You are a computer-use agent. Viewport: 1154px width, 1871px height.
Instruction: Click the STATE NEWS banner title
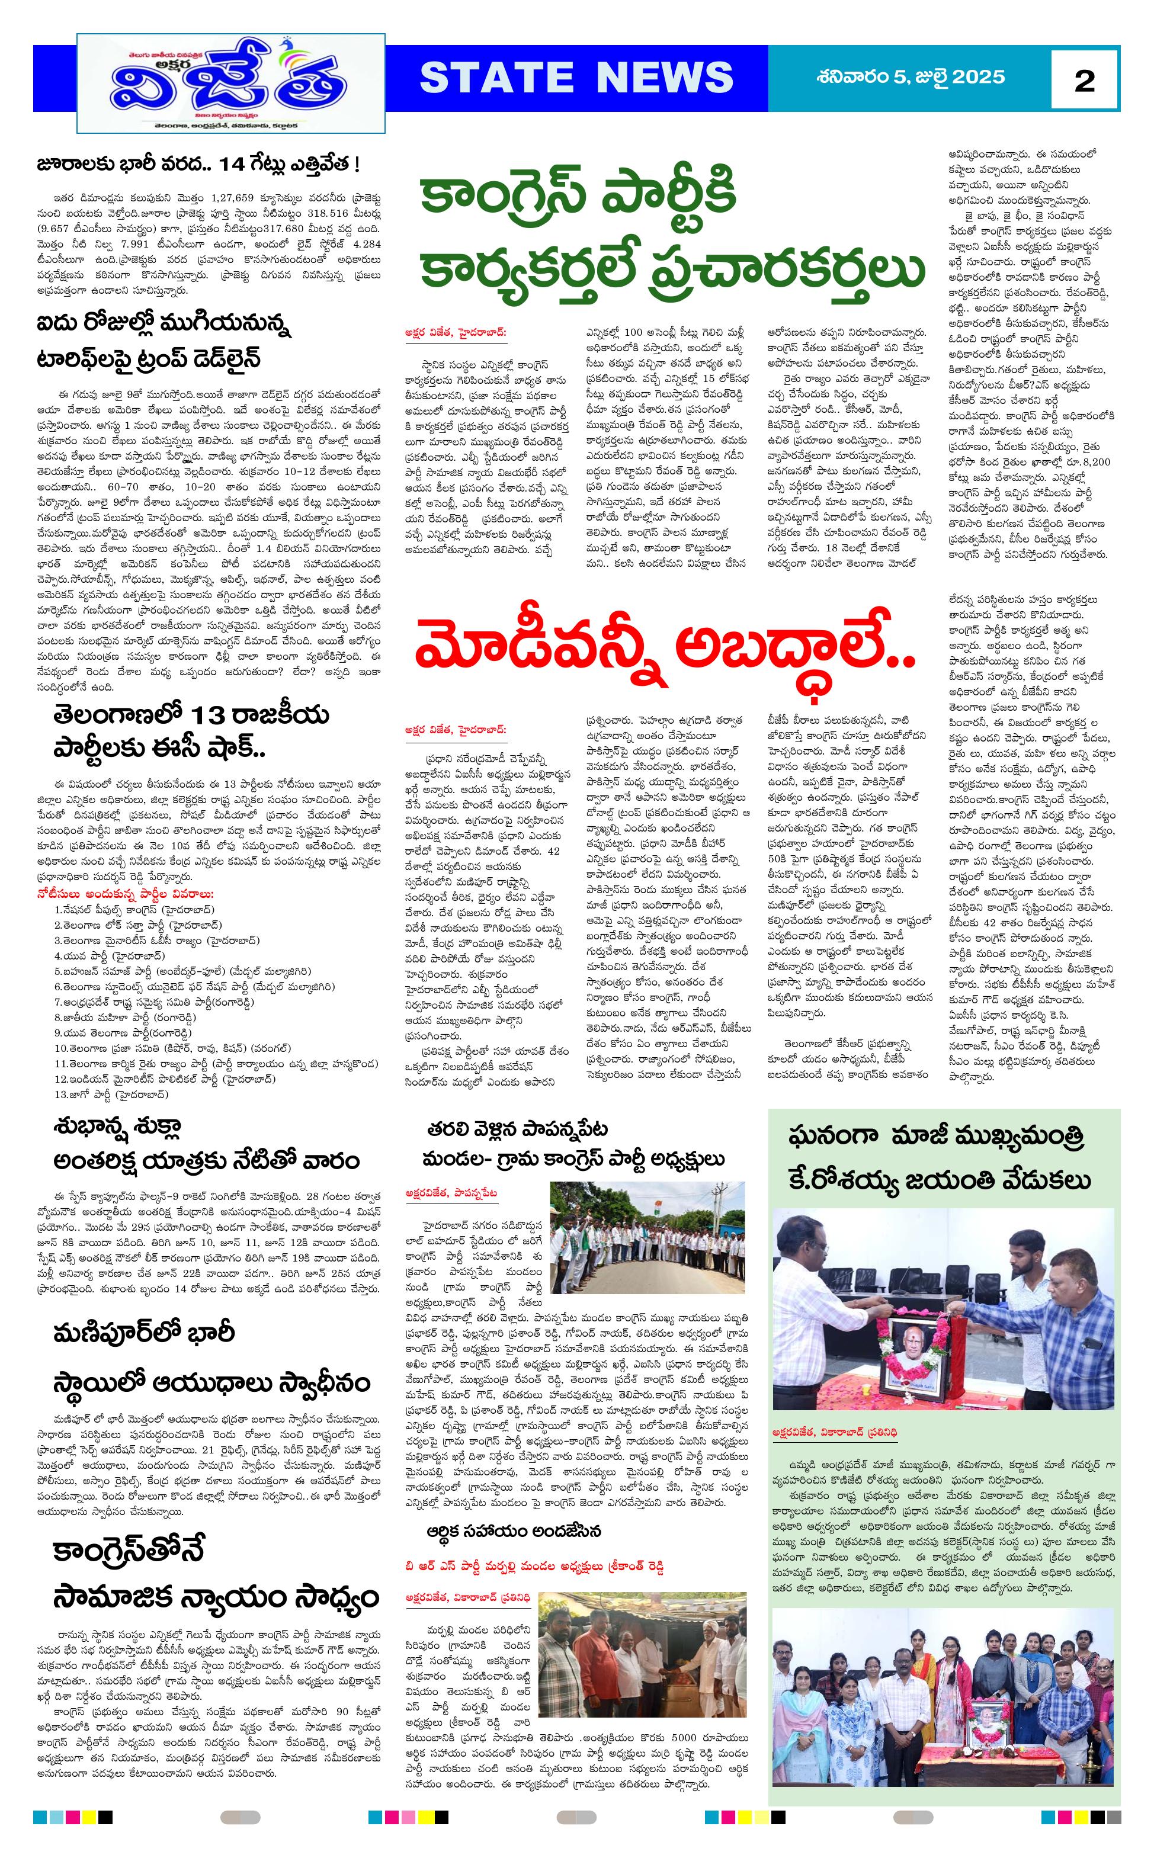[x=576, y=78]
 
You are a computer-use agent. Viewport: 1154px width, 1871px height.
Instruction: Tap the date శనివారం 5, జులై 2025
[x=910, y=77]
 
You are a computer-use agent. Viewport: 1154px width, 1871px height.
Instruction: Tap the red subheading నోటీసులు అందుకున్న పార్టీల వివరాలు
[x=126, y=894]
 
